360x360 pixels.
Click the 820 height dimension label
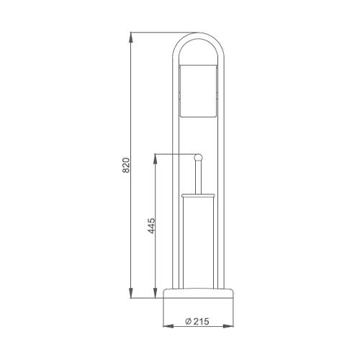[126, 165]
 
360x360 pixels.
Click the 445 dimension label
[151, 226]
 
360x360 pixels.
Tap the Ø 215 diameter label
[197, 321]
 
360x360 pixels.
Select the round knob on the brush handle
[198, 158]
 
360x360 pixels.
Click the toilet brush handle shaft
[198, 177]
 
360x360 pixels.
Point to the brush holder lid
[198, 195]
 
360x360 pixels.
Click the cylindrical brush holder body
[198, 243]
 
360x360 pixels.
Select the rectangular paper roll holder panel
[198, 91]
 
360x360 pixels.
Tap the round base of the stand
[198, 293]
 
